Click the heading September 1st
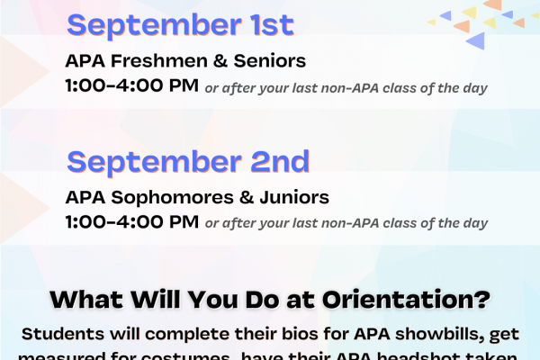[x=180, y=24]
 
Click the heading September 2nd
[x=188, y=161]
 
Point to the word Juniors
[x=296, y=196]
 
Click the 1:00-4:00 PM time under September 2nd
[x=131, y=221]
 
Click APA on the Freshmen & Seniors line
[x=83, y=61]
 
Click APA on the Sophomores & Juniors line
[x=83, y=196]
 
